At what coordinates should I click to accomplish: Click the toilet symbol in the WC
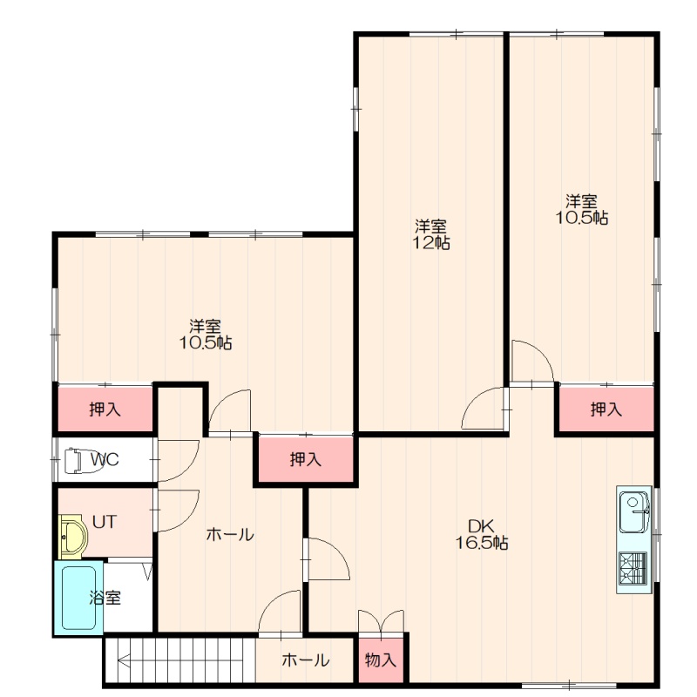point(74,461)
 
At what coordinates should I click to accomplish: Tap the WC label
point(105,459)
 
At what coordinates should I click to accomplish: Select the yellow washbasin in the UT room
point(73,537)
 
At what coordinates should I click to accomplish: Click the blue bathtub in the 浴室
point(78,598)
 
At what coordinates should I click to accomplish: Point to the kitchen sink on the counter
point(633,511)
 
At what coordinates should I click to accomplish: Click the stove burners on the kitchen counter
point(633,568)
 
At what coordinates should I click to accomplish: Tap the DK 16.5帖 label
point(482,534)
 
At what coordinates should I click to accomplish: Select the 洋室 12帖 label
point(430,234)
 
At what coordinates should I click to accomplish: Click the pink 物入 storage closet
point(381,660)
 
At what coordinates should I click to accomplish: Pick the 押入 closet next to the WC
point(105,409)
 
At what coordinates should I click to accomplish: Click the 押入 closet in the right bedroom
point(606,409)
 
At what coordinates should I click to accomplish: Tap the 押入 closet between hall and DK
point(306,459)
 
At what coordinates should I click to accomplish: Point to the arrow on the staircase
point(180,661)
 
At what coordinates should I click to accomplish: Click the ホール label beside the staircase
point(306,660)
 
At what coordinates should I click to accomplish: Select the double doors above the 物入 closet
point(381,621)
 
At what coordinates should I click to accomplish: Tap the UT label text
point(105,522)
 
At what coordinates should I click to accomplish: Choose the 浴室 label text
point(105,598)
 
